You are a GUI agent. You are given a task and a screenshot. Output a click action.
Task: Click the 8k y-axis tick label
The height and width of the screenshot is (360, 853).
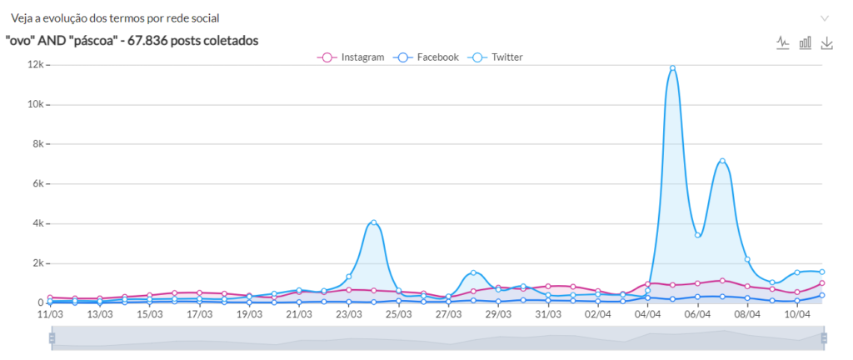(36, 144)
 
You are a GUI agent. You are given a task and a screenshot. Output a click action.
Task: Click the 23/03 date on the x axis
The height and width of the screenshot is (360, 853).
(349, 315)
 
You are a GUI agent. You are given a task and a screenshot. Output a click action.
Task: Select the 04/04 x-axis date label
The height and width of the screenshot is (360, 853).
(648, 315)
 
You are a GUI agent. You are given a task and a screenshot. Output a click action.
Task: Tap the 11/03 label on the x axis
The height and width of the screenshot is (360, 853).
(50, 315)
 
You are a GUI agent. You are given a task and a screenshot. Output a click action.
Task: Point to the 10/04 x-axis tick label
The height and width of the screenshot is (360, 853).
(797, 315)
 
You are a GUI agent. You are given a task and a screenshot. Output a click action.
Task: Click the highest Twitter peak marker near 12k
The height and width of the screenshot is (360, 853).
(672, 68)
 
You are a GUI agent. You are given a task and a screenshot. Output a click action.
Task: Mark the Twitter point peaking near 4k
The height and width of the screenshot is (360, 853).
(374, 222)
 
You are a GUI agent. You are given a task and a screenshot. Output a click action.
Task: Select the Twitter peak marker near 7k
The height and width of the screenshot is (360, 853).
(722, 161)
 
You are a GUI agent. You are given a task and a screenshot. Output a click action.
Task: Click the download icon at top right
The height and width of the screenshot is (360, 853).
(827, 42)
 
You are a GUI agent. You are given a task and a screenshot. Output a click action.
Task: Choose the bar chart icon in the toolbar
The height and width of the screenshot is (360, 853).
(806, 42)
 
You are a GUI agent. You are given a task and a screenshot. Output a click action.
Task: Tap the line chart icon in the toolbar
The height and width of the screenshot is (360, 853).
(783, 42)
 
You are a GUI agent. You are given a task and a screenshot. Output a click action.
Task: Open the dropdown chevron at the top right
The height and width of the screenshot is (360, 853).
(825, 17)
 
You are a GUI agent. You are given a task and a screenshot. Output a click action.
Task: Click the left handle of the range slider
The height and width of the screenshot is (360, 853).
(52, 338)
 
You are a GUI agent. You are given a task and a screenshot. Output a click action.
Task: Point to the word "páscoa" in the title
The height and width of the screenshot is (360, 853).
(87, 40)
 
